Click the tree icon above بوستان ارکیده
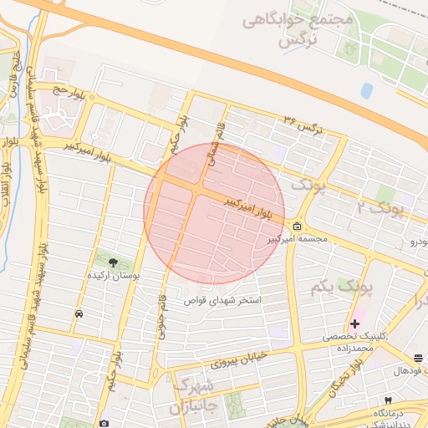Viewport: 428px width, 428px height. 114,263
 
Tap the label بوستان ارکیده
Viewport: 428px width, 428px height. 114,275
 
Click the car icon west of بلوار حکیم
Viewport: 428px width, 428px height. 78,313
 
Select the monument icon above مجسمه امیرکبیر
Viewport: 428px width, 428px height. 298,227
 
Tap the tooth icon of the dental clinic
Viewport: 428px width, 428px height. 388,400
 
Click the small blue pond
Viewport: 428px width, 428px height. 366,89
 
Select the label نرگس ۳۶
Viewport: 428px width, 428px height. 303,125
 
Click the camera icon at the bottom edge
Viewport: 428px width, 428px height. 104,423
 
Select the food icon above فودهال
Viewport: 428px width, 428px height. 418,359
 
